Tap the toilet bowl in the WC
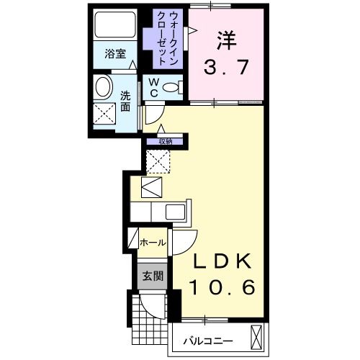point(171,88)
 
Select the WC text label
point(153,88)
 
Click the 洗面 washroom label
point(125,101)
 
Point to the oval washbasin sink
point(103,89)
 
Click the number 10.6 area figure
point(222,288)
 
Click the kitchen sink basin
point(175,212)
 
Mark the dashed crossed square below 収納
point(158,162)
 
